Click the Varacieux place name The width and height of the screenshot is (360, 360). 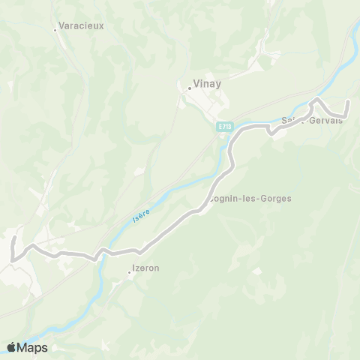click(x=83, y=25)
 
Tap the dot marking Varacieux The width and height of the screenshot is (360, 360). click(x=55, y=30)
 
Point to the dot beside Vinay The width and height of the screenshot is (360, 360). click(x=189, y=88)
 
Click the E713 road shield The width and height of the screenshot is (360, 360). click(x=224, y=126)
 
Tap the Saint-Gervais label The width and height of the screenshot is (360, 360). click(x=312, y=120)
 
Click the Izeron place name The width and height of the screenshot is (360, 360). click(x=145, y=267)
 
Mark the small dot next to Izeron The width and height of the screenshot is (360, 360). click(x=128, y=272)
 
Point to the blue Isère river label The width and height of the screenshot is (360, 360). click(x=141, y=214)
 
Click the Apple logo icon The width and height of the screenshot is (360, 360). click(x=12, y=347)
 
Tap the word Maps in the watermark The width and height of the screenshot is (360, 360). click(x=32, y=347)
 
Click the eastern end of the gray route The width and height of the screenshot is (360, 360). click(x=347, y=100)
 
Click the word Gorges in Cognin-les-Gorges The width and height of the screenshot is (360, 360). click(x=274, y=199)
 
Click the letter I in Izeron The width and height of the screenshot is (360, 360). click(x=133, y=267)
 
